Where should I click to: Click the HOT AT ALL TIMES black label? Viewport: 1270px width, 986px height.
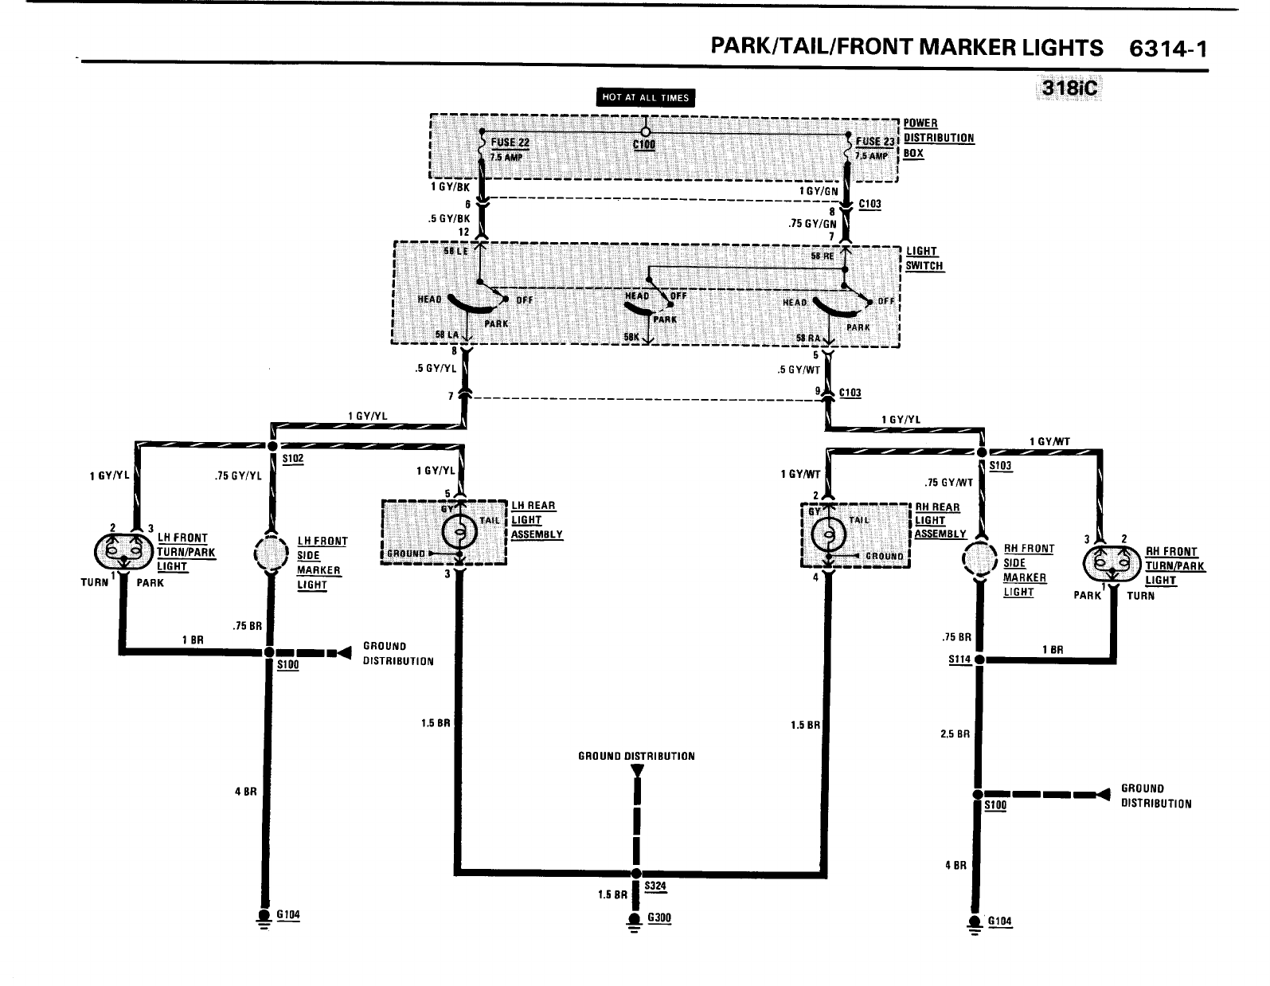(646, 97)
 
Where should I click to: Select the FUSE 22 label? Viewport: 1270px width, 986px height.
(510, 143)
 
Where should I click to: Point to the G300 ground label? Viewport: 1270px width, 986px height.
(659, 918)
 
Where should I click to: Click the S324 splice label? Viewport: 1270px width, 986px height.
(655, 885)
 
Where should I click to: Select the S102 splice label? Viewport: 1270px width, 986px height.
(292, 460)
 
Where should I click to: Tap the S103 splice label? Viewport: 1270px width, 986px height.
(1001, 466)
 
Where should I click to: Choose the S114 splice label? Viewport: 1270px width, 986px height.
(959, 659)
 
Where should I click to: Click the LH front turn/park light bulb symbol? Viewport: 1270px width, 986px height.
(123, 550)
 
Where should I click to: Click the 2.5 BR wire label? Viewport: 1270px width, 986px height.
(955, 734)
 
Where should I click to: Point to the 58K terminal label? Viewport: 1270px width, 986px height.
(631, 337)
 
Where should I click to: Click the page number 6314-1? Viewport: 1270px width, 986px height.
(1168, 49)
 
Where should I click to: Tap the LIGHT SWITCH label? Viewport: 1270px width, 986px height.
(924, 258)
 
